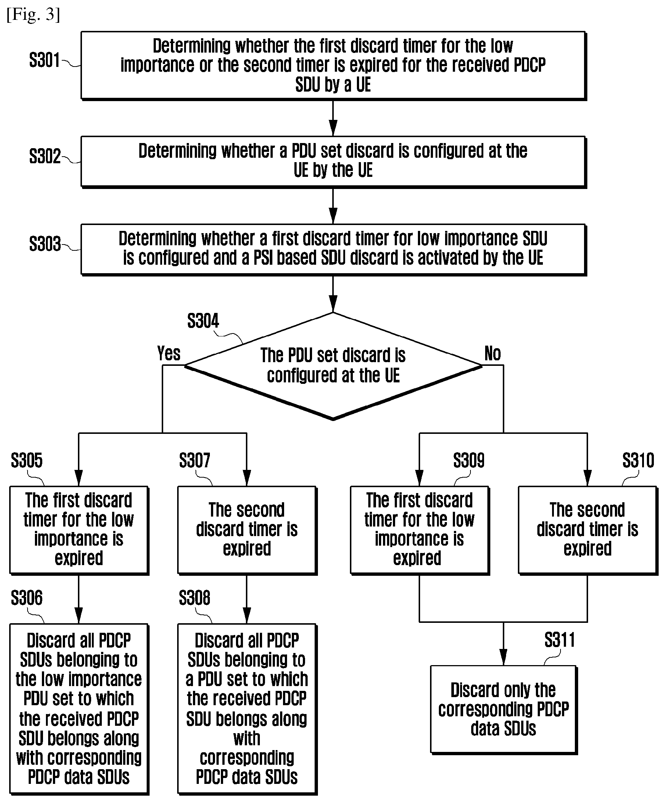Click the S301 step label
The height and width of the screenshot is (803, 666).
click(x=44, y=60)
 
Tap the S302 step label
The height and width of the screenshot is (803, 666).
click(x=45, y=156)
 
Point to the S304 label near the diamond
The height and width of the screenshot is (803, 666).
click(x=203, y=321)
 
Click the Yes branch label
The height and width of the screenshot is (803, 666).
click(x=169, y=353)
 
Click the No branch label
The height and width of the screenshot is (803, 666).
click(x=493, y=353)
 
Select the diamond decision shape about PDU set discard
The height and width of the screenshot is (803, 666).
click(x=333, y=366)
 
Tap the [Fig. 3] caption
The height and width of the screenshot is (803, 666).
click(x=33, y=15)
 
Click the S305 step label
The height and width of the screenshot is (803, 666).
click(x=27, y=460)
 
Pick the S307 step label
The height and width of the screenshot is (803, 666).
click(x=194, y=460)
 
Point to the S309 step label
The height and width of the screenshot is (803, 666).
click(x=469, y=460)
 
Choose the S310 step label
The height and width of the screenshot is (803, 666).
click(x=638, y=460)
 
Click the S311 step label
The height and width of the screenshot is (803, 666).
click(x=560, y=640)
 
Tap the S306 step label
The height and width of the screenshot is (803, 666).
click(x=27, y=598)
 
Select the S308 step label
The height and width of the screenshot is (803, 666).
click(x=194, y=598)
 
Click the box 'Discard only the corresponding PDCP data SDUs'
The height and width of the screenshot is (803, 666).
click(x=504, y=710)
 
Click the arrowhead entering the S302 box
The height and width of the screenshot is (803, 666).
click(x=333, y=128)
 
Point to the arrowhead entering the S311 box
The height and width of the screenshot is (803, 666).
click(x=504, y=657)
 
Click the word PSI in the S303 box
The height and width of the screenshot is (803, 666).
click(x=264, y=258)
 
